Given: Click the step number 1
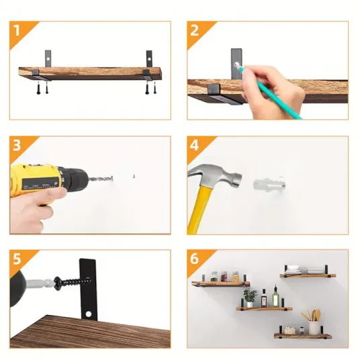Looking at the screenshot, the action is pos(16,30).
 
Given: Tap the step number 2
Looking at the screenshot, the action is pos(194,30).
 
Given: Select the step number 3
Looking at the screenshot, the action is pos(17,145).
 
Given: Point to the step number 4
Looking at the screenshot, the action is pos(194,145).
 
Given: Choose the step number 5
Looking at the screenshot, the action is pos(17,259).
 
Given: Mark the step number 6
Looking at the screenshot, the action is pos(194,259).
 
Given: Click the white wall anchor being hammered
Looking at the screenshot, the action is pos(269,184).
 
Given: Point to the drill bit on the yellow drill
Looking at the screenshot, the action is pos(101,179).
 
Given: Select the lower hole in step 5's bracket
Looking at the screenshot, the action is pos(89,314).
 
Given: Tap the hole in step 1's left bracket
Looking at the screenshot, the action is pos(48,59).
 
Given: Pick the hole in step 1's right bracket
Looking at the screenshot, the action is pos(149,60).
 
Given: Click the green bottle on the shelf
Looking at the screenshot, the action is pos(275,296).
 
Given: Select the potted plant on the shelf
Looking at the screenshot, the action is pos(250,298).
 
